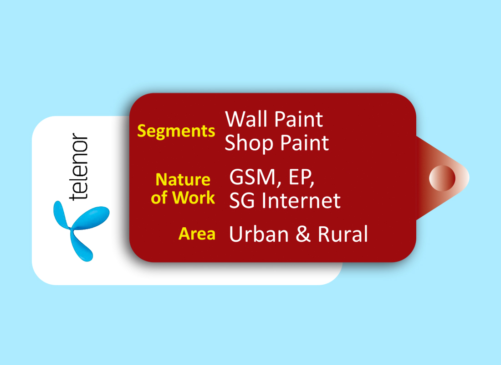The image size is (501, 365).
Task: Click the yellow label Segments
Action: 176,131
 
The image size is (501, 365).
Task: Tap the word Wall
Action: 246,119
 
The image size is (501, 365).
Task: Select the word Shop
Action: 249,143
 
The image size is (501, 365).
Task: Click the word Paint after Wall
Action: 298,119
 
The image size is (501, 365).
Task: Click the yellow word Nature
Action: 183,179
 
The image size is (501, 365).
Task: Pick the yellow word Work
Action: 194,198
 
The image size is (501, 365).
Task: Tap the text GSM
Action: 252,177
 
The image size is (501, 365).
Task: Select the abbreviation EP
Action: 300,177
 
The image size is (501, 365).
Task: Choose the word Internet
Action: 301,200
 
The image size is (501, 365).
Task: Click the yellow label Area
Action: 197,234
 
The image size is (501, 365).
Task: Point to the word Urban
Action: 259,234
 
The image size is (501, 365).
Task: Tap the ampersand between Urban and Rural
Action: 303,234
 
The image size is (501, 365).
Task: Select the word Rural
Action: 343,234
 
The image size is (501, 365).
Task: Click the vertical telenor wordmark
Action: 78,167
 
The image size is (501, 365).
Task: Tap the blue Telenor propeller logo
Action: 81,230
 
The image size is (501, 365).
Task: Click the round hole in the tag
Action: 442,178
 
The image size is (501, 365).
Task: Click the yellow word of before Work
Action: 159,198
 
